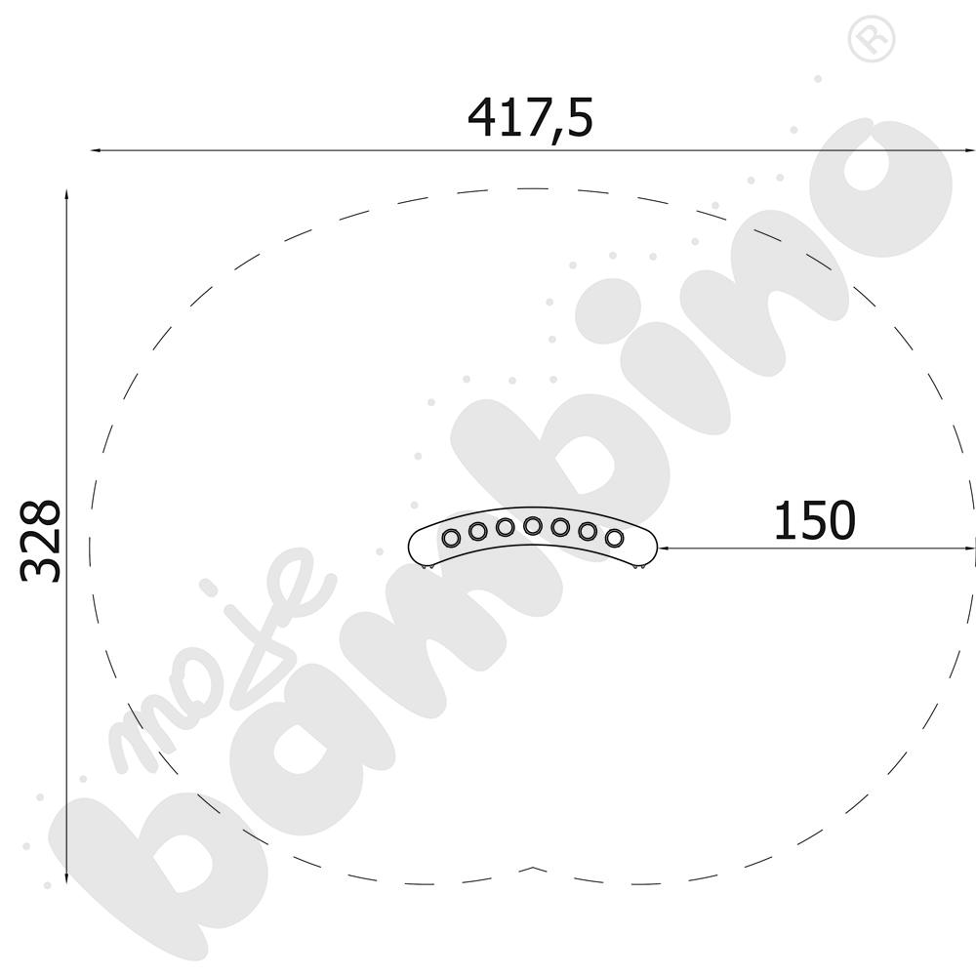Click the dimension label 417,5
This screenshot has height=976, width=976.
tap(530, 118)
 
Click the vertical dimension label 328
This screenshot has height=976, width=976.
tap(41, 541)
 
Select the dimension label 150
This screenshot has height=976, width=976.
tap(814, 520)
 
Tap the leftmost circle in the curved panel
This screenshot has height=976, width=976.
tap(450, 537)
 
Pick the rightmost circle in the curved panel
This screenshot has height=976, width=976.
tap(614, 537)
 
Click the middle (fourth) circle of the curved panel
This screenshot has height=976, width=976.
tap(532, 526)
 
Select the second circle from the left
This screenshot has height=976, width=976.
tap(477, 531)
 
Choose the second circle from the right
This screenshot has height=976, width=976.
tap(588, 531)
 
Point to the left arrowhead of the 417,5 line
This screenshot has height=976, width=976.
tap(96, 150)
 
